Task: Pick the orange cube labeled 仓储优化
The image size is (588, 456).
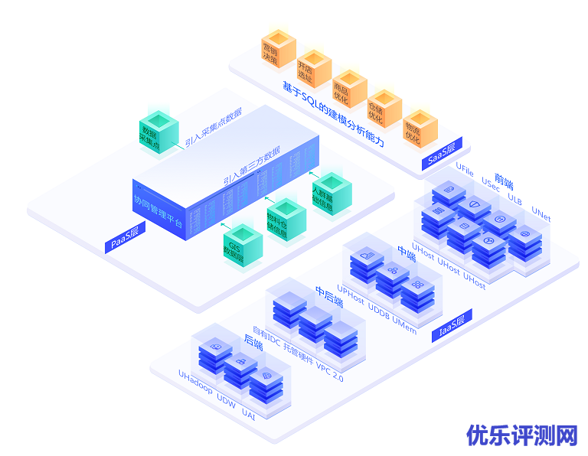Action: [384, 108]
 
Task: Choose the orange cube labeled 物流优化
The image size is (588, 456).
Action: [420, 128]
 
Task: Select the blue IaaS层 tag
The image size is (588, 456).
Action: [452, 324]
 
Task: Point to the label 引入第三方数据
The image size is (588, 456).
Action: [251, 166]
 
